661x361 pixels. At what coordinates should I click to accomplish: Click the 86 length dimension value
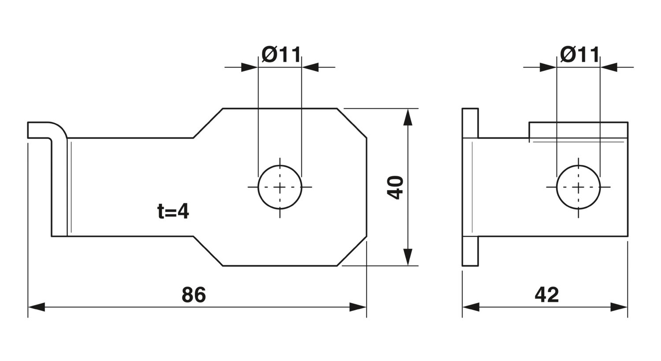click(193, 295)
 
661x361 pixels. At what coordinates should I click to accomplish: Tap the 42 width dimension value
click(547, 295)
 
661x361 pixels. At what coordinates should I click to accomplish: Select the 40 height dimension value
click(395, 188)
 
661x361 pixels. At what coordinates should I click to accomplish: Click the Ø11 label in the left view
click(281, 55)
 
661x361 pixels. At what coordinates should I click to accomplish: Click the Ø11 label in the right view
click(580, 55)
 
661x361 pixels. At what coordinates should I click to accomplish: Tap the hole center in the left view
click(280, 187)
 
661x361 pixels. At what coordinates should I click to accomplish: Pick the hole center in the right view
click(578, 187)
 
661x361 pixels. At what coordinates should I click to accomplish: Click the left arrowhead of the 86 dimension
click(36, 307)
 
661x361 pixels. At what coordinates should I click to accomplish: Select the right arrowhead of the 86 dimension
click(358, 307)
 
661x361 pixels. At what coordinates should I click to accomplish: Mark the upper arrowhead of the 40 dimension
click(408, 117)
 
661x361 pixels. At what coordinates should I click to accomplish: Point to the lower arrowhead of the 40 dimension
click(408, 257)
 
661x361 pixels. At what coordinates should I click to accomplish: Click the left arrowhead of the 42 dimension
click(471, 307)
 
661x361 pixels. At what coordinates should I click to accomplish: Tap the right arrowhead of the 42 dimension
click(619, 307)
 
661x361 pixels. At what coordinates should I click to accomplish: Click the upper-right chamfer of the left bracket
click(352, 123)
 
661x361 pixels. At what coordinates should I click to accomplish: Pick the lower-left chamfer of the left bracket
click(208, 251)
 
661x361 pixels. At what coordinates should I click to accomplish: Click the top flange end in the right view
click(470, 123)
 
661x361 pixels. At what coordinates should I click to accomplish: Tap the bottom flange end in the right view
click(470, 251)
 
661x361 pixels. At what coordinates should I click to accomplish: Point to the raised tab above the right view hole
click(578, 130)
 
